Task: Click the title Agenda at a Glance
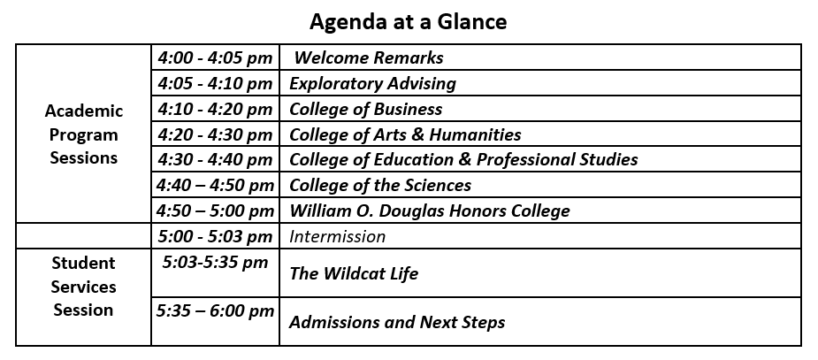click(x=408, y=21)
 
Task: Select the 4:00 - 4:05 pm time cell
click(x=215, y=58)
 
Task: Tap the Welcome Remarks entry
click(x=369, y=58)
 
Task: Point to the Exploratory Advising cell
click(x=372, y=84)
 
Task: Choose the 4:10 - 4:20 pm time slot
click(x=215, y=110)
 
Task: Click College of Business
click(x=366, y=110)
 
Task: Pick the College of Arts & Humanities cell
click(x=405, y=135)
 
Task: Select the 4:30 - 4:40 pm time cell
click(x=215, y=160)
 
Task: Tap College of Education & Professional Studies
click(x=463, y=160)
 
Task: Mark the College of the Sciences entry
click(x=380, y=186)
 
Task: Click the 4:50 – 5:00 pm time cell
click(x=215, y=211)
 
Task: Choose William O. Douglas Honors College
click(x=430, y=211)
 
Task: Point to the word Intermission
click(x=338, y=236)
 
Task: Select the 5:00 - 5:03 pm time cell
click(x=215, y=236)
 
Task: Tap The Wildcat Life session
click(x=354, y=273)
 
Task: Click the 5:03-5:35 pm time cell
click(x=215, y=263)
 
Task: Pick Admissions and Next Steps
click(x=397, y=322)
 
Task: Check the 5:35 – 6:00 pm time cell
click(x=215, y=311)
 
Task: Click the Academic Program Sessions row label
click(x=83, y=135)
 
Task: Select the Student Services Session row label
click(x=83, y=287)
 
